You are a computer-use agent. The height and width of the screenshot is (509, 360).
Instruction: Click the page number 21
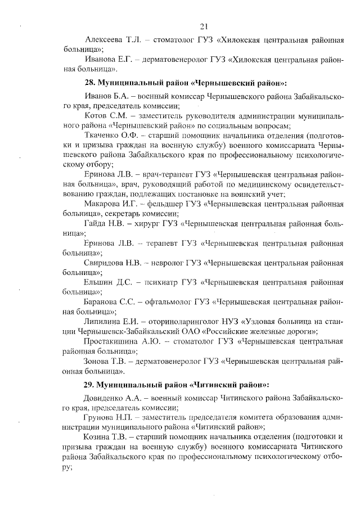tap(204, 26)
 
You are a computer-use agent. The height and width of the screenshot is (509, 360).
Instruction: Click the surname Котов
tap(96, 115)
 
